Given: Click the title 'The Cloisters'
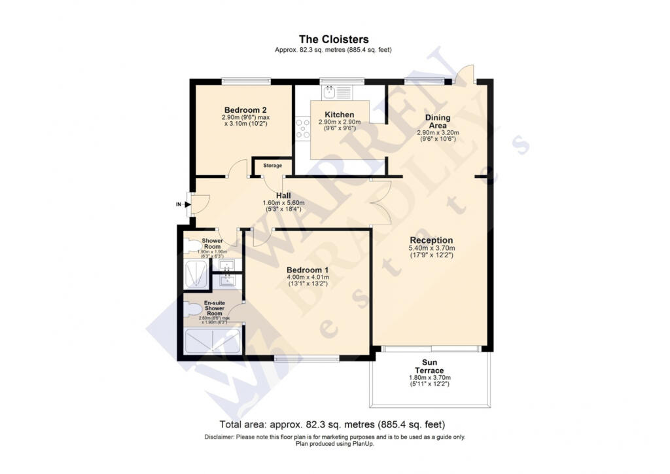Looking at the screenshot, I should [334, 39].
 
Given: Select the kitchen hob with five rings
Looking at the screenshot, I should [302, 128].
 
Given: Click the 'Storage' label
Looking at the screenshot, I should [273, 166].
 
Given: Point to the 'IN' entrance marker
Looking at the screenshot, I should [178, 204].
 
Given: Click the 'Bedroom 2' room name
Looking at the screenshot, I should [245, 109].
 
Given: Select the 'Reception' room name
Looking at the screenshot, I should [432, 240].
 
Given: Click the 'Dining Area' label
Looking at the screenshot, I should [438, 121].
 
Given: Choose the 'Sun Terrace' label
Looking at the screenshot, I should [429, 367].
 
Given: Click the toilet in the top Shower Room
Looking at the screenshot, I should [191, 247].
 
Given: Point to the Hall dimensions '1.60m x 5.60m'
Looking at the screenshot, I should [283, 203].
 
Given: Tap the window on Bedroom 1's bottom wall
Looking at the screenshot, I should [307, 358].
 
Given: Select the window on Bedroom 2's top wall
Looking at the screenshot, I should [245, 81].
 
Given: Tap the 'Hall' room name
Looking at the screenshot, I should [283, 195].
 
